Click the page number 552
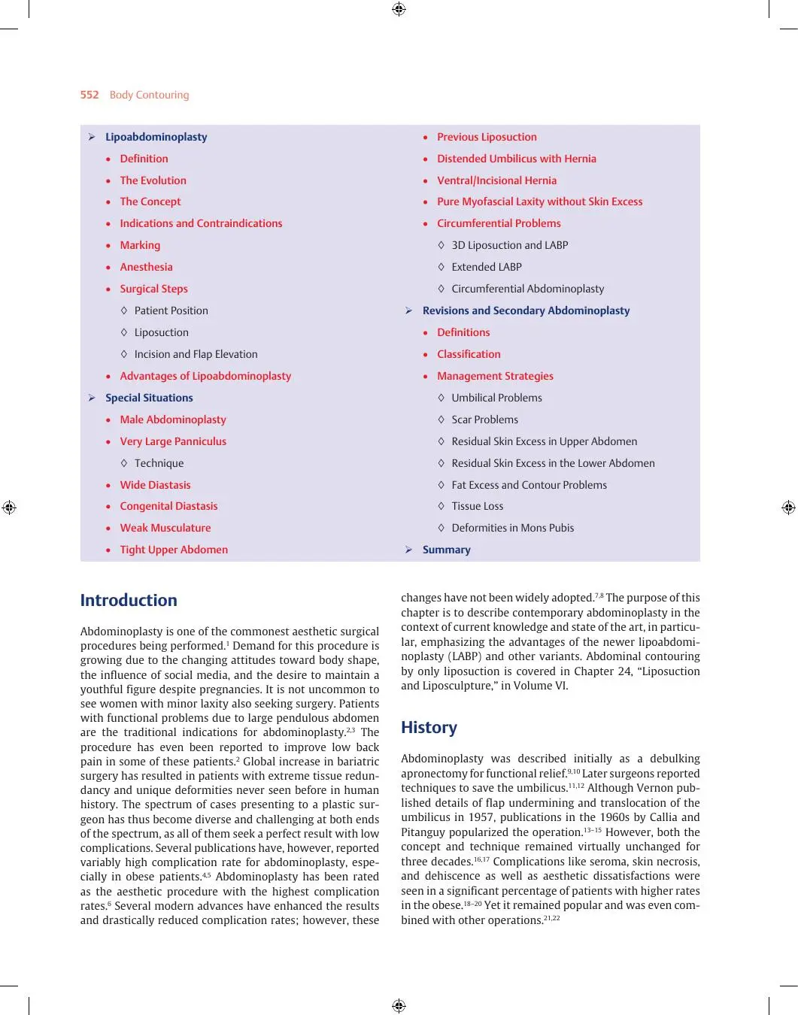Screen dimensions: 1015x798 tap(90, 95)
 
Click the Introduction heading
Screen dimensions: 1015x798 tap(129, 600)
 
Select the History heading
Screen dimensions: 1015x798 tap(429, 727)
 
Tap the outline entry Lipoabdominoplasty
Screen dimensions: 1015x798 tap(156, 137)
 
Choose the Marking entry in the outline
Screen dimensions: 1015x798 tap(140, 245)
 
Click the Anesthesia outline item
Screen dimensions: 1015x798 tap(146, 267)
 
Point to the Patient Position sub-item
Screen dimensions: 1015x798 tap(171, 311)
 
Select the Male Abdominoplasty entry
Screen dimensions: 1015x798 tap(172, 420)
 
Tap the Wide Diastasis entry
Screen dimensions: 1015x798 tap(155, 485)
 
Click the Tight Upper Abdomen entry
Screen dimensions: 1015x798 tap(174, 550)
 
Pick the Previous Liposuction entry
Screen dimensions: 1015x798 tap(487, 137)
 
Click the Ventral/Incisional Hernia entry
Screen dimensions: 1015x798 tap(496, 180)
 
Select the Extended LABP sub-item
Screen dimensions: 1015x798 tap(486, 267)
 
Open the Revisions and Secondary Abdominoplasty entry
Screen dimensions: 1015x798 tap(526, 311)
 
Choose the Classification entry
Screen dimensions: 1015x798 tap(469, 354)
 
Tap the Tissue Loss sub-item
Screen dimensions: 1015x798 tap(477, 506)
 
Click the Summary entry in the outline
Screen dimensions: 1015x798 tap(446, 550)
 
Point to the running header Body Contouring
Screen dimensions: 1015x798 tap(149, 95)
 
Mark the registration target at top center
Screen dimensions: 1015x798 tap(399, 9)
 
